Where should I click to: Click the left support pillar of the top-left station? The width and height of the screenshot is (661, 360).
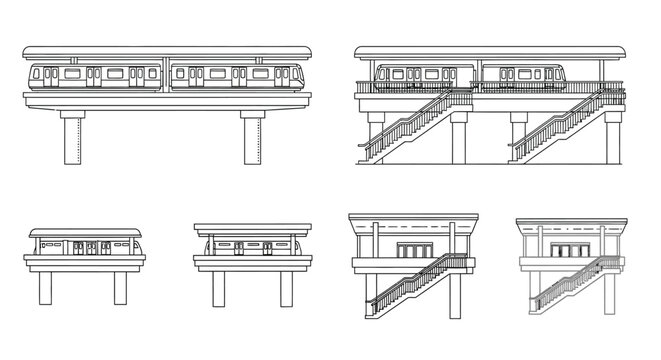[71, 137]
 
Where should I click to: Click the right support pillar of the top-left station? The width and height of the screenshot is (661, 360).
[249, 137]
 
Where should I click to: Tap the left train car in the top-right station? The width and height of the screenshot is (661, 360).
[425, 73]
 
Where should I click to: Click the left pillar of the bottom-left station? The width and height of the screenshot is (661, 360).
[45, 287]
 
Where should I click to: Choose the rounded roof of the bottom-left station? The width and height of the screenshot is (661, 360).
[84, 231]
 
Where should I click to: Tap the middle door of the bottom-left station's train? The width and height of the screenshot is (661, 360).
[84, 247]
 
